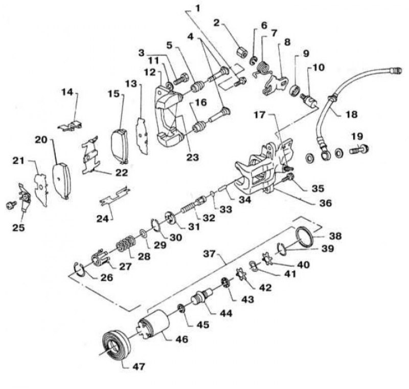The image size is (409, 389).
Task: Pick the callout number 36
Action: tap(325, 203)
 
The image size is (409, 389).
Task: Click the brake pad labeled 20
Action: tap(62, 178)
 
